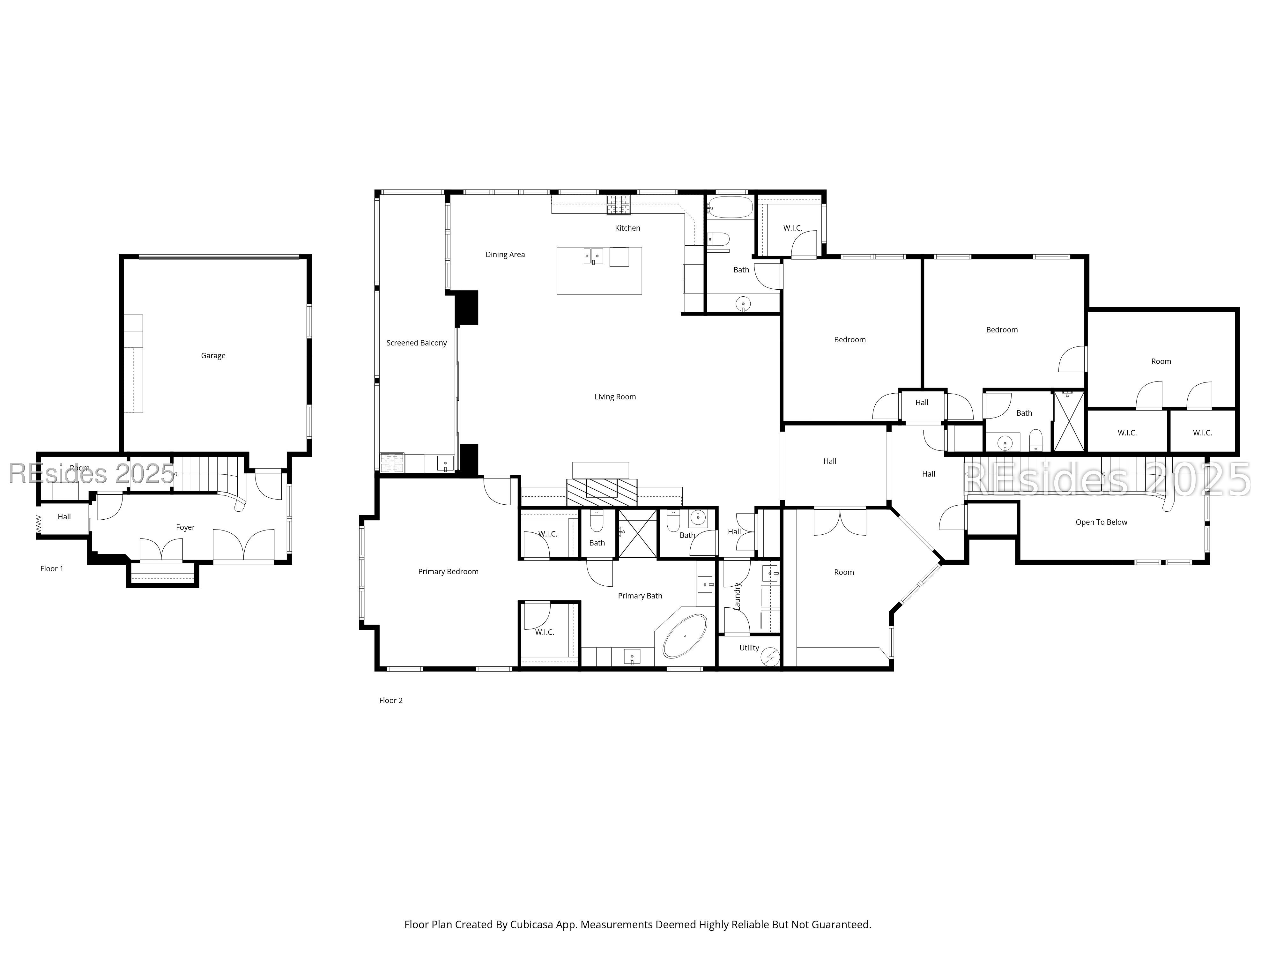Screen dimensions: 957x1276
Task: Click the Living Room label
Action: (x=615, y=397)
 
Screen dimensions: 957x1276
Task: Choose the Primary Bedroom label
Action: (x=448, y=572)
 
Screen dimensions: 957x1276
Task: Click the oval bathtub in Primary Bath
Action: (x=685, y=637)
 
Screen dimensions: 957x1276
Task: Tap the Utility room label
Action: (x=749, y=648)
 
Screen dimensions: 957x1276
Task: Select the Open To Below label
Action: (x=1101, y=523)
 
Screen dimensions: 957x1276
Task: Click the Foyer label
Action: (x=185, y=527)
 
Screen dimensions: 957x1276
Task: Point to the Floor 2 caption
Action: (x=390, y=700)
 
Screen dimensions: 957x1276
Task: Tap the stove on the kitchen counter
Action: (x=618, y=205)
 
